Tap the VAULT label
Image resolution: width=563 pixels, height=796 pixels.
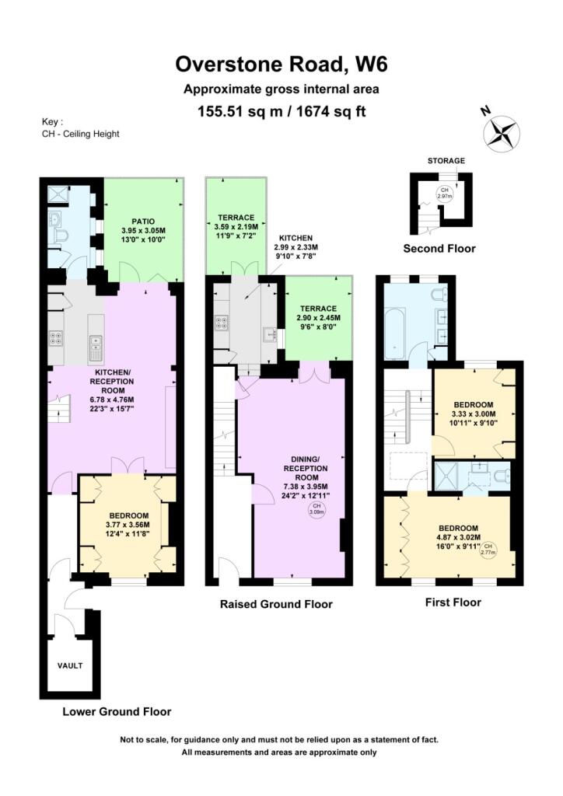[70, 665]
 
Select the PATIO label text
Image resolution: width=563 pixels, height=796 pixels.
[143, 222]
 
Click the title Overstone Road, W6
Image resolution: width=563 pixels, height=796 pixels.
[281, 65]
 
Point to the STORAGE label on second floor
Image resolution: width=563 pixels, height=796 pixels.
[446, 161]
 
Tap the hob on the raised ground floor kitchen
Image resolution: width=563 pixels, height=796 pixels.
[222, 323]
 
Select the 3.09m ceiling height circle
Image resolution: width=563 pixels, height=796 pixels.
[316, 509]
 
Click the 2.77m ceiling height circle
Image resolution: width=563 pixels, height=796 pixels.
[488, 549]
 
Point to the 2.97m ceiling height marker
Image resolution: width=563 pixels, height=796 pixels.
[445, 194]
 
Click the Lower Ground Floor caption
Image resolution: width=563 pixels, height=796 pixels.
[117, 712]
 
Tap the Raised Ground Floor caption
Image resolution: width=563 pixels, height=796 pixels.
[276, 604]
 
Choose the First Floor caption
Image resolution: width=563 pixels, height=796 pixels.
[453, 602]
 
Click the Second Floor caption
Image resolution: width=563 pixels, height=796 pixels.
[439, 249]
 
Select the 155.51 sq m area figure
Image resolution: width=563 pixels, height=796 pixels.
[240, 111]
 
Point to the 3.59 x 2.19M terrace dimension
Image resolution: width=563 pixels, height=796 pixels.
[236, 227]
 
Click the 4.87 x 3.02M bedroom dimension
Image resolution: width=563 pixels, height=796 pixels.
[458, 537]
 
